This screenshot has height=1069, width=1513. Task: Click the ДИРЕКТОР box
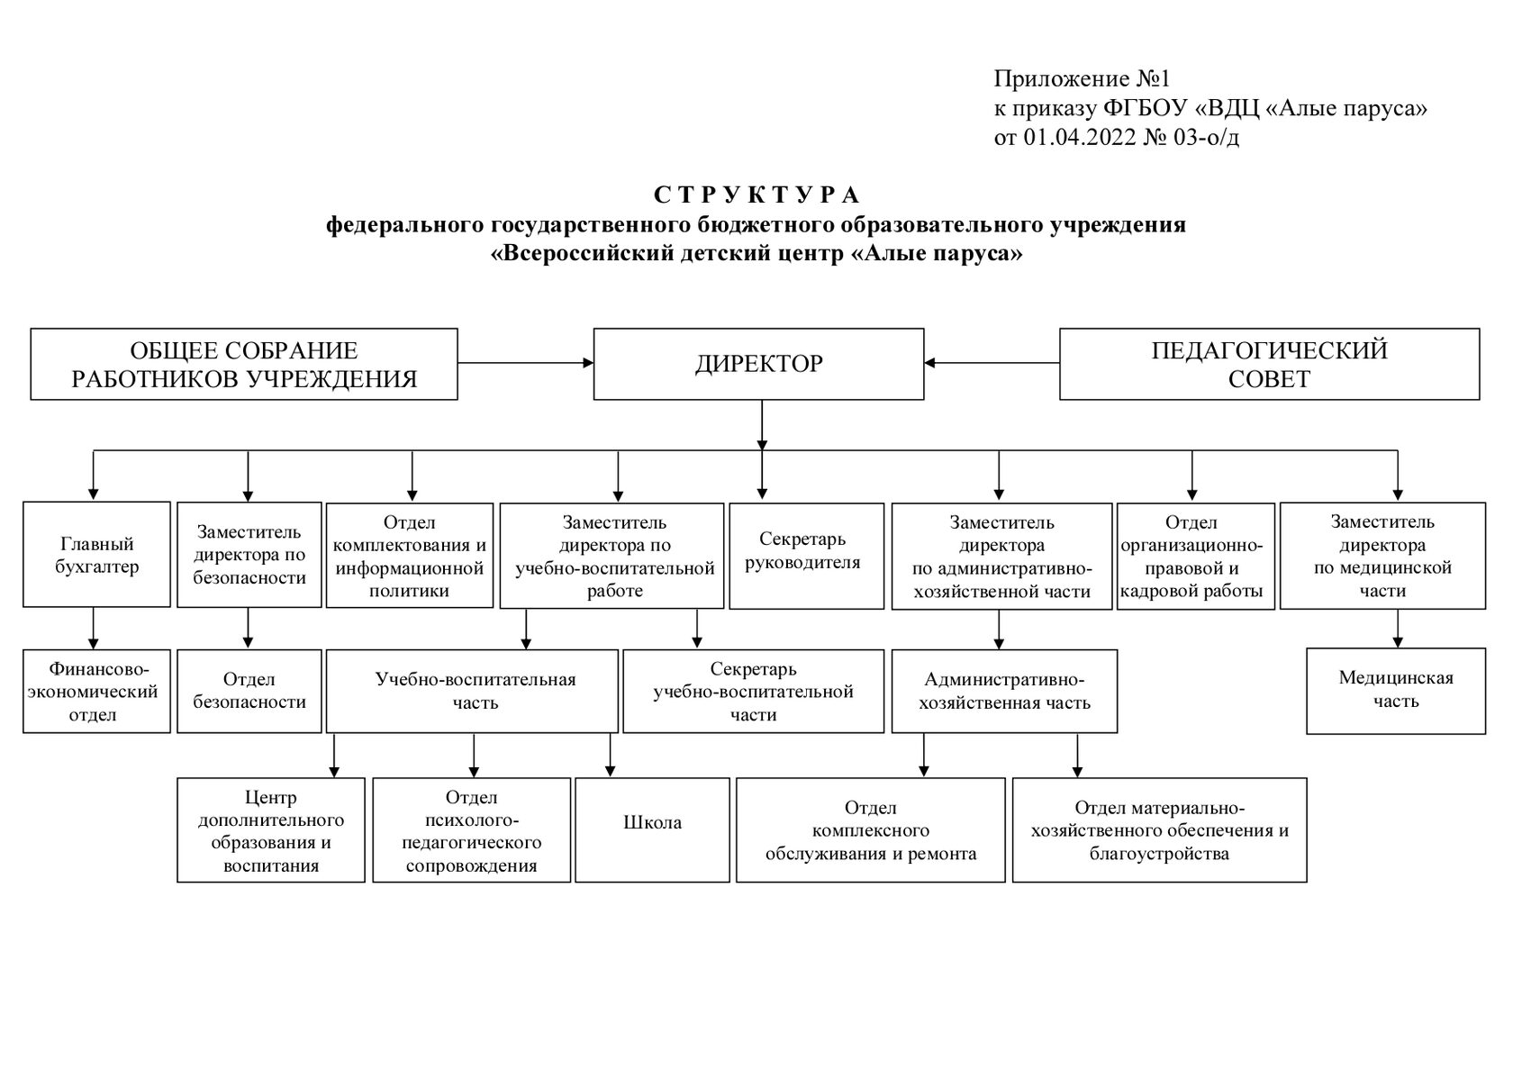pos(758,364)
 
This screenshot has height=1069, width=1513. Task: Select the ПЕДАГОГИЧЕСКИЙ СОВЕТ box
pos(1268,364)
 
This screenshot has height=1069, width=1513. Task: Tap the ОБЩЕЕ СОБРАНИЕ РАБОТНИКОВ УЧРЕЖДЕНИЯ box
pos(244,364)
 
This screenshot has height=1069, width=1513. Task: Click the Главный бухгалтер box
pos(96,555)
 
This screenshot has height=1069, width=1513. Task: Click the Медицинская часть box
pos(1395,690)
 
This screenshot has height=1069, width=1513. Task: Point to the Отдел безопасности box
pos(249,691)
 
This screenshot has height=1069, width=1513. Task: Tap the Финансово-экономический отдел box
pos(96,692)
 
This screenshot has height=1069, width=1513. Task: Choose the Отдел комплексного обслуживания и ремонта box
pos(870,830)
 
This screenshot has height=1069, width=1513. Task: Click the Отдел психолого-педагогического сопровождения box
pos(471,830)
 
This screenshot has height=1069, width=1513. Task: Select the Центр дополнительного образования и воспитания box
pos(271,830)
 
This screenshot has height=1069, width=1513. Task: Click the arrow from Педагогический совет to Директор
pos(991,363)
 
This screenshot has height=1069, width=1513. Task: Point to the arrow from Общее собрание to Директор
pos(525,363)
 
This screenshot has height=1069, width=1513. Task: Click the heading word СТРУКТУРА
pos(756,195)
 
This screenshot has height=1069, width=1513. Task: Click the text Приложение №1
pos(1080,78)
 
